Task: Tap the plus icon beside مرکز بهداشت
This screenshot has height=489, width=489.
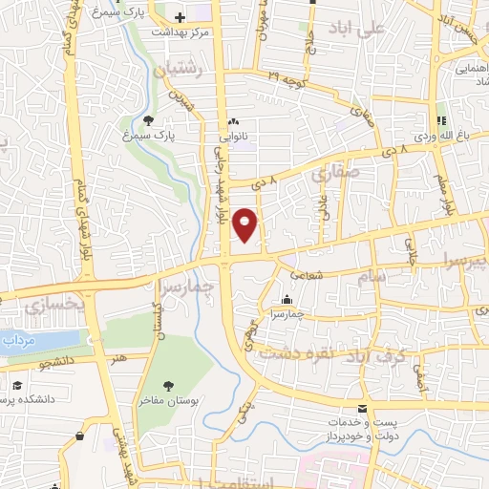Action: click(x=181, y=17)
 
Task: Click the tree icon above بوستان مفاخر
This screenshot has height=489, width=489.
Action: click(x=168, y=386)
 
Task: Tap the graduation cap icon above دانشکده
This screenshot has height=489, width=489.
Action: click(x=16, y=387)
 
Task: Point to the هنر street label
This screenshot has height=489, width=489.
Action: click(x=119, y=357)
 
